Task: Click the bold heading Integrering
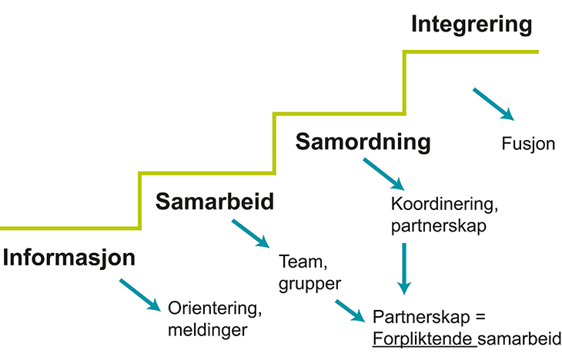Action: (471, 25)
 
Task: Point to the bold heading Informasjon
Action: (69, 258)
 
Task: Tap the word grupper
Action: (309, 283)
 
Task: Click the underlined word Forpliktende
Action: (422, 338)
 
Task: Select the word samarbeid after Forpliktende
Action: (520, 338)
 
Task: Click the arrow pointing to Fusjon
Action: (493, 103)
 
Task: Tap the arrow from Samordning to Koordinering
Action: (383, 174)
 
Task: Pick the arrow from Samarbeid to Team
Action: (252, 235)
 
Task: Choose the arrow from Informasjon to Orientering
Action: (140, 296)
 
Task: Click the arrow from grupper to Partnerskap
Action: (349, 310)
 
